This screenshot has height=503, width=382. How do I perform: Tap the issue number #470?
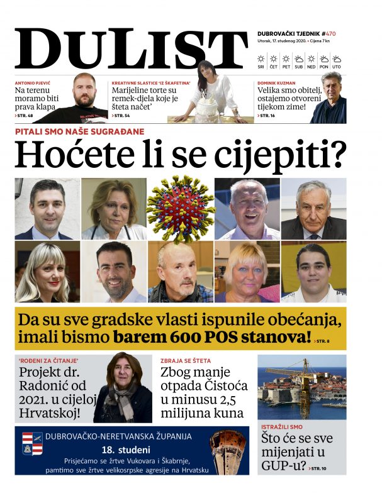coord(330,33)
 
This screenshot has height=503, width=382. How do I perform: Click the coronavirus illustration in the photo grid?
coord(181,208)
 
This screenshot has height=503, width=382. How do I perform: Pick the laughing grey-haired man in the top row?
coord(247,208)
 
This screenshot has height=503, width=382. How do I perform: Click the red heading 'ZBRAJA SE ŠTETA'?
coord(184,361)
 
